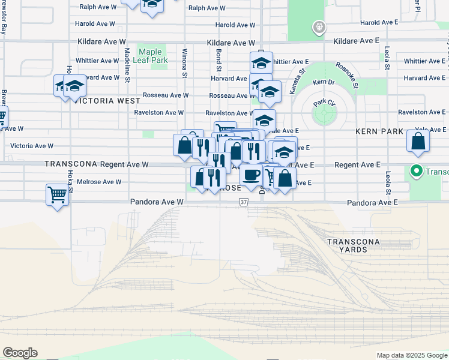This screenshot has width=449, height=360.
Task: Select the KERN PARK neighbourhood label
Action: pyautogui.click(x=378, y=131)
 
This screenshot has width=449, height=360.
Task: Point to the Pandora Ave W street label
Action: pyautogui.click(x=157, y=203)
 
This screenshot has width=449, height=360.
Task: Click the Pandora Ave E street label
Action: pyautogui.click(x=372, y=203)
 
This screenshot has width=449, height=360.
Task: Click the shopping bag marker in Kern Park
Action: pyautogui.click(x=418, y=142)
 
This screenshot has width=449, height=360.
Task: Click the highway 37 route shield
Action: pyautogui.click(x=243, y=203)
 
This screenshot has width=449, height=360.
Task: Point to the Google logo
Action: pyautogui.click(x=20, y=353)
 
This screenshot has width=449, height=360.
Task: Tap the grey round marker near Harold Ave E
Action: pyautogui.click(x=319, y=27)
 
